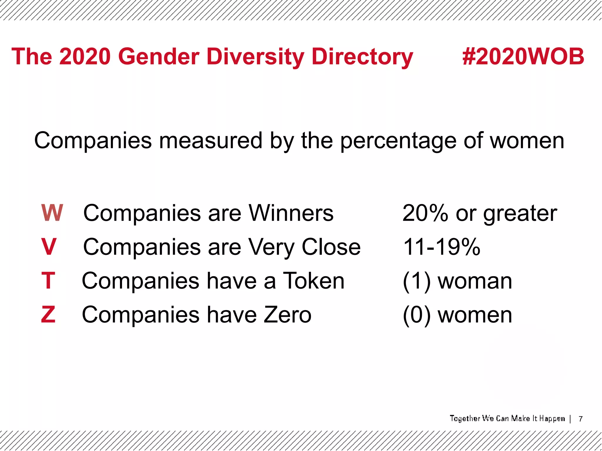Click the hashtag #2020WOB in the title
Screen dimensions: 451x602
[x=523, y=56]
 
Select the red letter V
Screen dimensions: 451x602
[x=49, y=247]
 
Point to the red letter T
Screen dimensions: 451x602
[x=48, y=281]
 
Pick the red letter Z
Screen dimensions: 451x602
[x=48, y=314]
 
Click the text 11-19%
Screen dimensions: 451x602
[x=442, y=247]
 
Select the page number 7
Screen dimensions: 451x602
[x=581, y=419]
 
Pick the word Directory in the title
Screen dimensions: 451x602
[x=362, y=57]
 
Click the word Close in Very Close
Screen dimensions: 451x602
[x=331, y=247]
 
